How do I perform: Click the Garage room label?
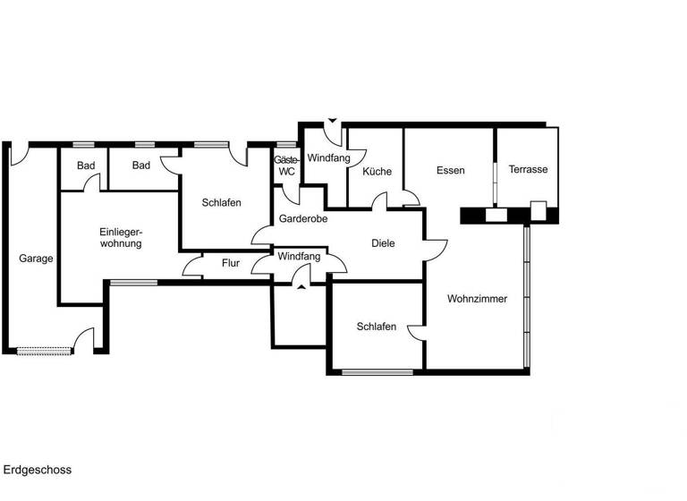[x=36, y=259]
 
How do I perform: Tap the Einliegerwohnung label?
[x=121, y=237]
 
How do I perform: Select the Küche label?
[x=377, y=171]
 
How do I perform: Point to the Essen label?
[x=450, y=170]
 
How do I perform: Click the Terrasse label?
[x=528, y=170]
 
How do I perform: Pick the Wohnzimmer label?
[x=477, y=299]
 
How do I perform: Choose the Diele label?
[x=383, y=242]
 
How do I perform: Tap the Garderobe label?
[x=303, y=218]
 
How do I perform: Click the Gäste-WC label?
[x=286, y=166]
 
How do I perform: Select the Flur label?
[x=231, y=264]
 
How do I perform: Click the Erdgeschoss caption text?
[x=37, y=470]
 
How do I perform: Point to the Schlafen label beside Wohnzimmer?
[x=376, y=327]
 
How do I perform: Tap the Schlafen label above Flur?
[x=221, y=203]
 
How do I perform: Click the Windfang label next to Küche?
[x=328, y=158]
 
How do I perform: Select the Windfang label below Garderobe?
[x=298, y=257]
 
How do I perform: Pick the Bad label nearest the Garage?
[x=86, y=166]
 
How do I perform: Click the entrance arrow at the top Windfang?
[x=332, y=120]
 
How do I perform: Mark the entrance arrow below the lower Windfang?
[x=300, y=287]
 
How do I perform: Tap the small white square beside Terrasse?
[x=539, y=210]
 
